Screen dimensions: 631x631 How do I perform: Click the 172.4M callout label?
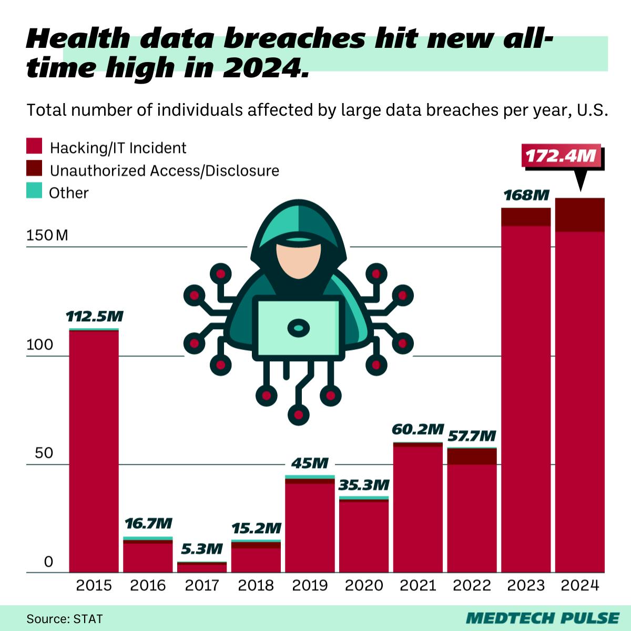tap(561, 156)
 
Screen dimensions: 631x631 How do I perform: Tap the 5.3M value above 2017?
tap(202, 549)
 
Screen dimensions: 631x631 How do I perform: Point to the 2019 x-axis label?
tap(310, 585)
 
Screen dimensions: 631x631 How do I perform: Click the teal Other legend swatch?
tap(34, 190)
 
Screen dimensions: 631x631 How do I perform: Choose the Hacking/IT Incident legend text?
tap(118, 148)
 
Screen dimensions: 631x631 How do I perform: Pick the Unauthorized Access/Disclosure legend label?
tap(164, 170)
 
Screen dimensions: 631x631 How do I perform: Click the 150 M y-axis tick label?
tap(47, 235)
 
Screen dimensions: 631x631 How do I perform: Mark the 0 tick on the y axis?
tap(49, 562)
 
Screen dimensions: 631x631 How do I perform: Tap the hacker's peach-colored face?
tap(299, 258)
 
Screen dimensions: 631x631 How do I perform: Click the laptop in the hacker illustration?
tap(298, 328)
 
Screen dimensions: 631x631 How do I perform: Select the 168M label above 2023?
tap(526, 196)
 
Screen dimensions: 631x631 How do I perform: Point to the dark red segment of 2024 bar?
tap(580, 215)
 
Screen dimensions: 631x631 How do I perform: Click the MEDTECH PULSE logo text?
tap(542, 618)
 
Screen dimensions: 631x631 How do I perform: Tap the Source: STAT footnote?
tap(65, 618)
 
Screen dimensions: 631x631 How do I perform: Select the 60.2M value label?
tap(418, 429)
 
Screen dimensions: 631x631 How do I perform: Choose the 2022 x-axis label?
tap(472, 585)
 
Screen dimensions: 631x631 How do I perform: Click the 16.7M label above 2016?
tap(148, 523)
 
